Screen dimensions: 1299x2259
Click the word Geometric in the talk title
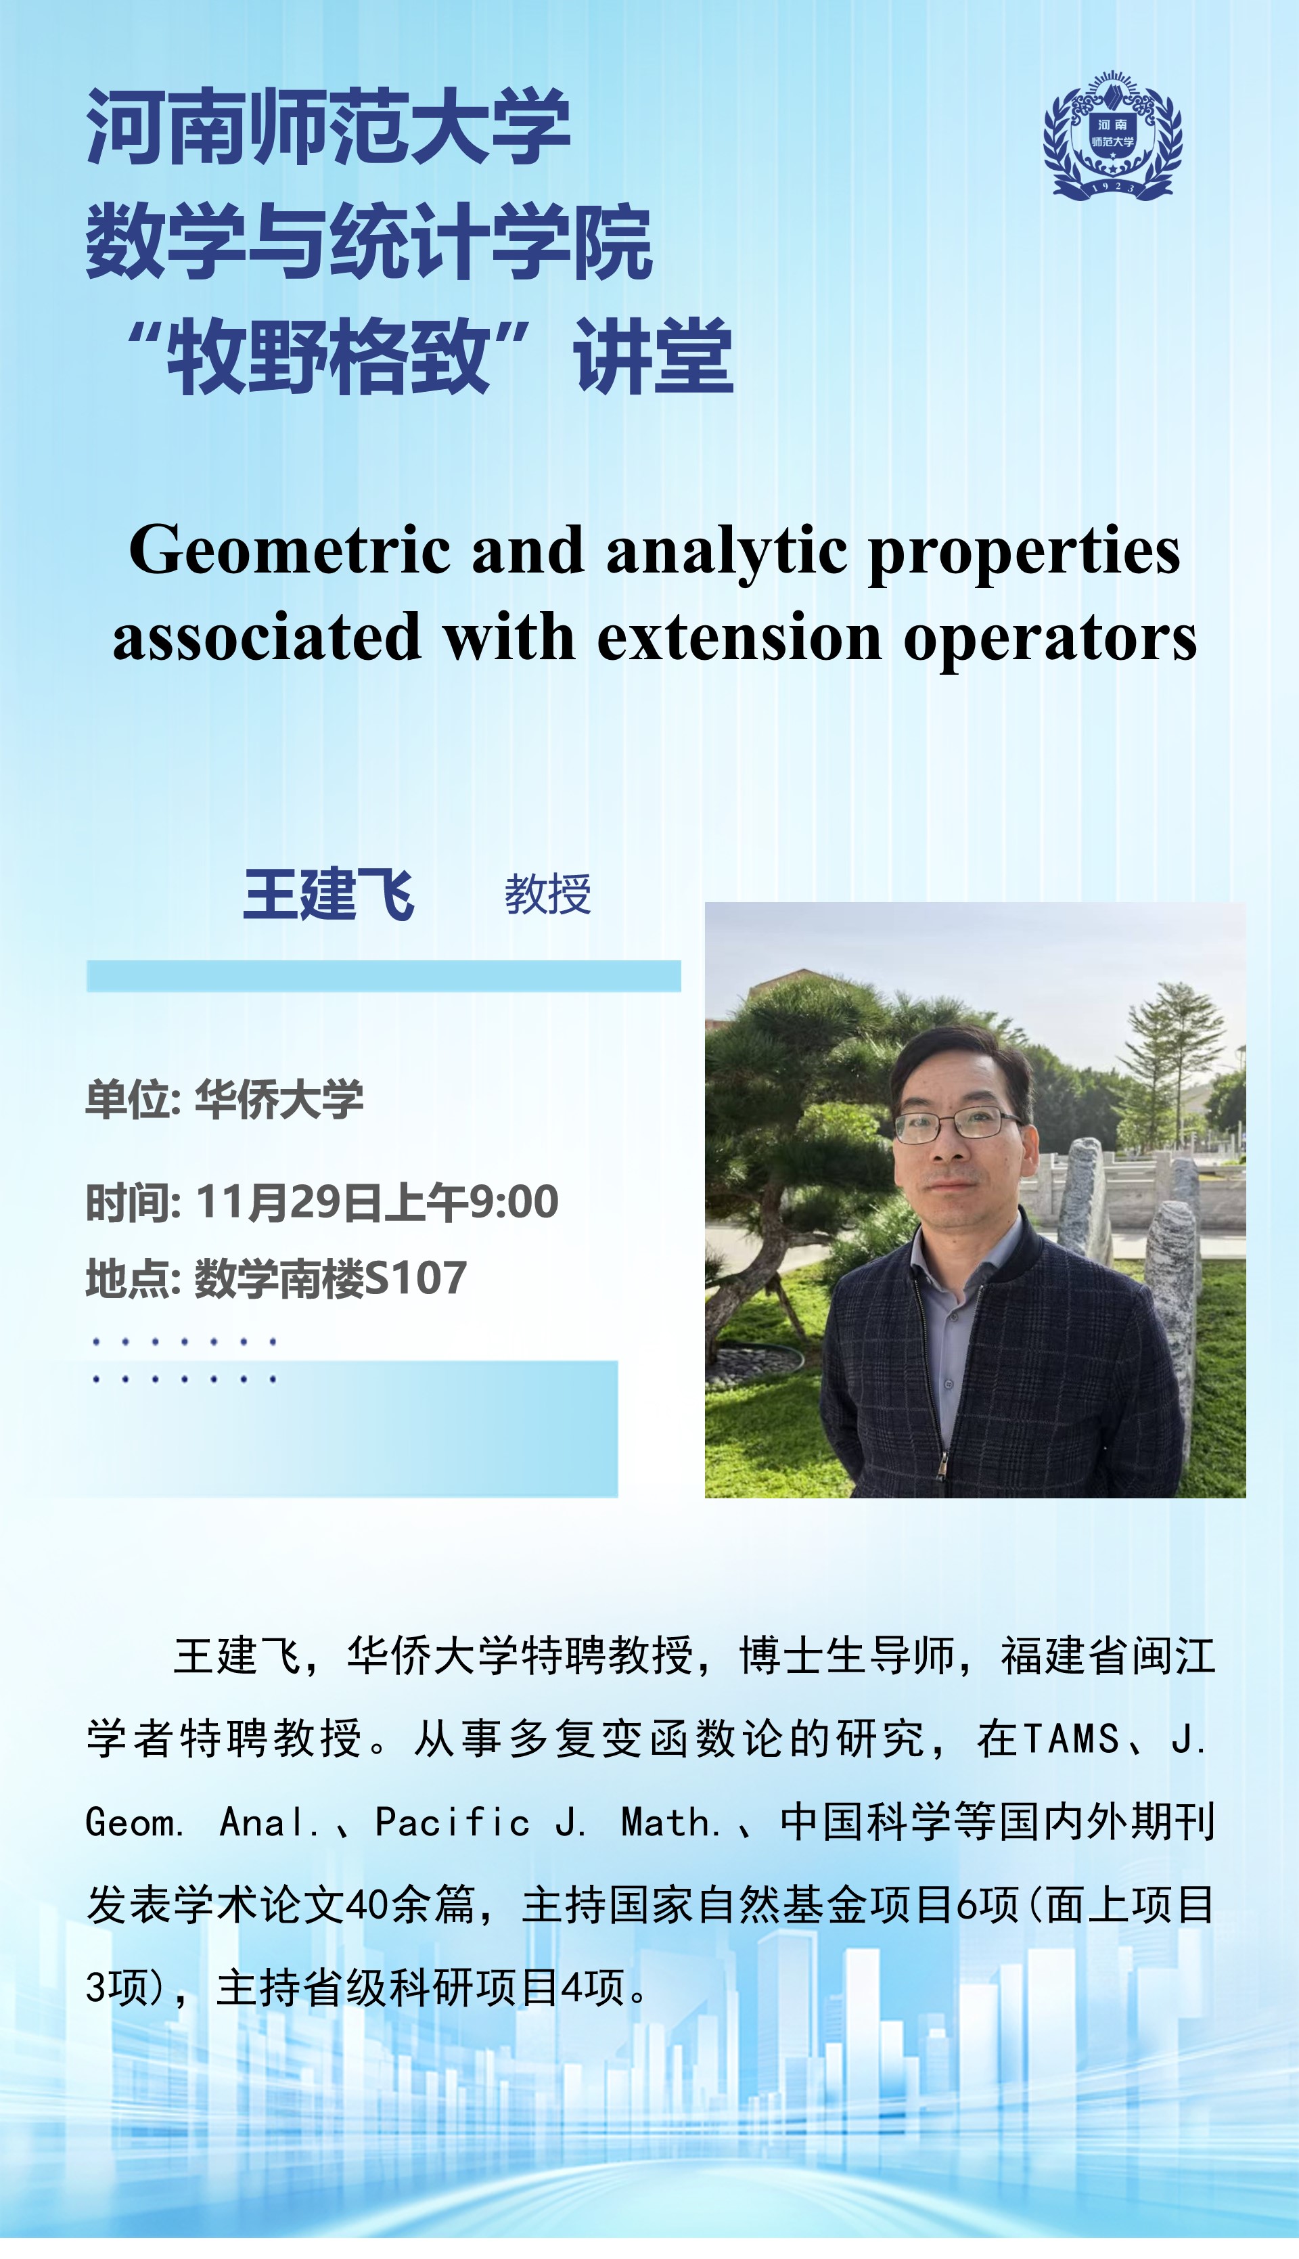point(290,550)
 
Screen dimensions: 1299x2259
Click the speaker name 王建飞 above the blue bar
point(328,894)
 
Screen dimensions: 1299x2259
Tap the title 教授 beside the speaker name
point(548,894)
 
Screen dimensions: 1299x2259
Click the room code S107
point(416,1278)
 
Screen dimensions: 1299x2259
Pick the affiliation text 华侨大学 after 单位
point(279,1098)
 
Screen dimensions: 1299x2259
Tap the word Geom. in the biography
point(135,1822)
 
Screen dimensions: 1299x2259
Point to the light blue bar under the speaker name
point(384,976)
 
